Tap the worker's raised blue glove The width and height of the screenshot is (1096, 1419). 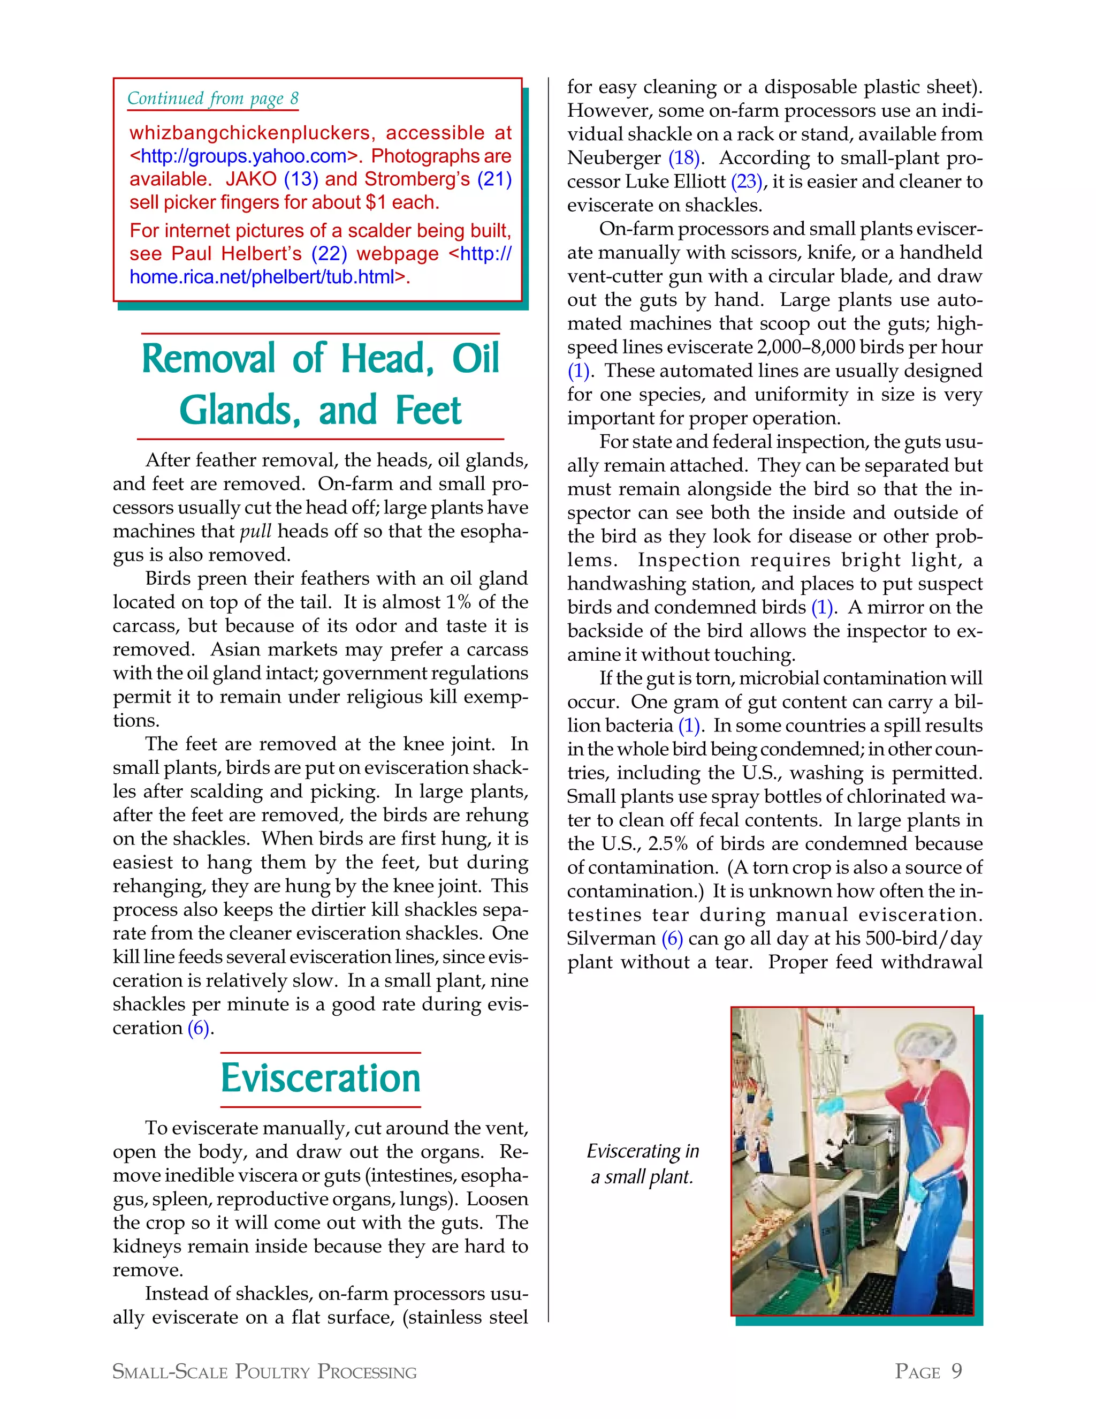pos(831,1104)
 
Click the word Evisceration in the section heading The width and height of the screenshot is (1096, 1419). pos(320,1079)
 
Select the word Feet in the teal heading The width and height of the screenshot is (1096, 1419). pos(428,411)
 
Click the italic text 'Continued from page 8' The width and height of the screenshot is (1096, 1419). pos(213,99)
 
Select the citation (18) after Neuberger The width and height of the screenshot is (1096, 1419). pos(684,158)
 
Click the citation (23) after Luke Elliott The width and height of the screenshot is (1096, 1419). pos(747,182)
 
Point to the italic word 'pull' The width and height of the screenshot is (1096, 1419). pos(255,532)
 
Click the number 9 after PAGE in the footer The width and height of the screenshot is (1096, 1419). pos(956,1371)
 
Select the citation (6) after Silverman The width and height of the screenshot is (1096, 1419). pos(672,938)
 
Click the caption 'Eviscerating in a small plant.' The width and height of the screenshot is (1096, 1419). pos(643,1164)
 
